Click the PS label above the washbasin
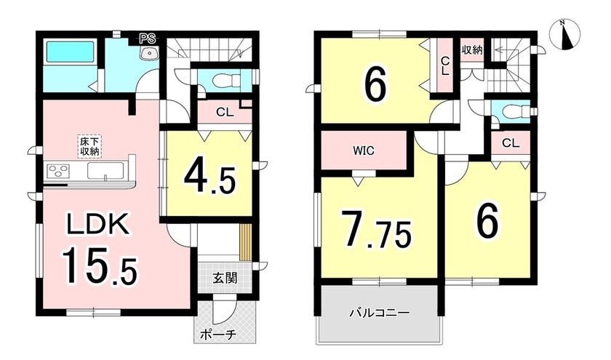148,39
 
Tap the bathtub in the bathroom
71,52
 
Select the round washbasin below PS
148,53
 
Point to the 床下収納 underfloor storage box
89,146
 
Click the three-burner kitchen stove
57,171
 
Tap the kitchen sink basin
105,171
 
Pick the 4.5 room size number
210,177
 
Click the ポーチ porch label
219,335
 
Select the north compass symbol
564,34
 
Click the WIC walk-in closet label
364,151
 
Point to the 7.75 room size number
376,230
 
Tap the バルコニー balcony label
379,313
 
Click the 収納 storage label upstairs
472,50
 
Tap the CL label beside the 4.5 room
225,113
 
